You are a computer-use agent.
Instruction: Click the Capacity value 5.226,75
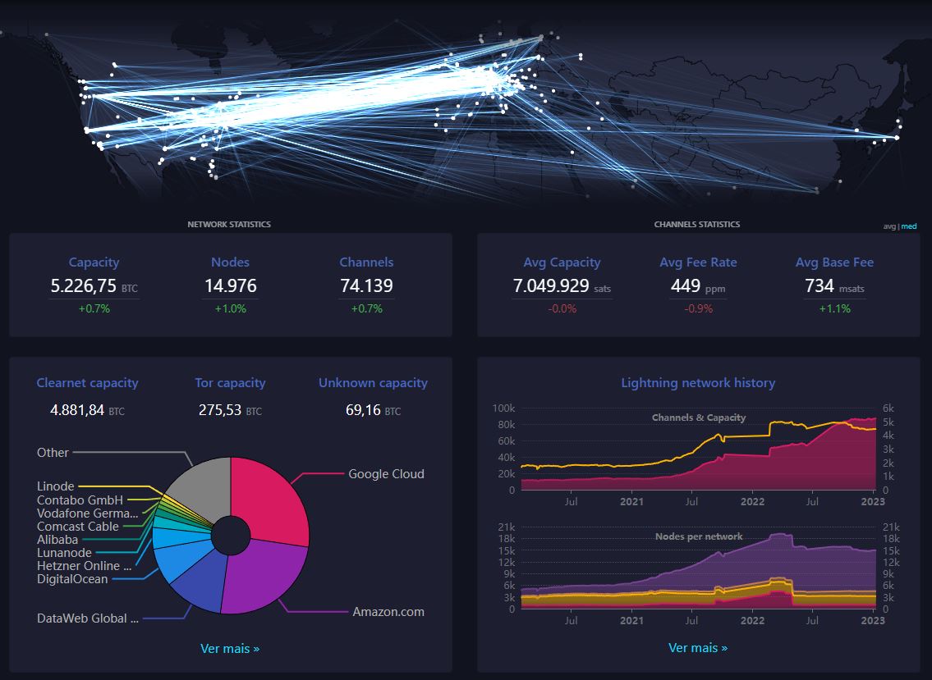(x=83, y=286)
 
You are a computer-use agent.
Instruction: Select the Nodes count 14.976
(x=230, y=286)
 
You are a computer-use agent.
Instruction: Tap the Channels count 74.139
(x=366, y=286)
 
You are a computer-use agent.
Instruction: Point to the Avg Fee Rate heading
(x=698, y=262)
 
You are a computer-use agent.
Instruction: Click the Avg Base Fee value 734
(x=820, y=286)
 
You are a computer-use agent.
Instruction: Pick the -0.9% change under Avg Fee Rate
(x=698, y=309)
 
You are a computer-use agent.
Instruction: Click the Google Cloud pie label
(x=386, y=474)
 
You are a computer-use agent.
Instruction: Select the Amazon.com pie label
(x=388, y=612)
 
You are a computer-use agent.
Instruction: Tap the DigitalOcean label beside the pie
(x=72, y=579)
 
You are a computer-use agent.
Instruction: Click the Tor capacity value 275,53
(x=220, y=409)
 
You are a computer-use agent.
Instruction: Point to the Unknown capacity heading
(x=373, y=383)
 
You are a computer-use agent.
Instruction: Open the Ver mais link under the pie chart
(x=230, y=649)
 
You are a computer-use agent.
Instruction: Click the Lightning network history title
(x=698, y=383)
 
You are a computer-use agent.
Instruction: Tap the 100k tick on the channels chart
(x=503, y=408)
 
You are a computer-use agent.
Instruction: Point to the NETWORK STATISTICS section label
(x=229, y=224)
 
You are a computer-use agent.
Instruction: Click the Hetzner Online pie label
(x=84, y=566)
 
